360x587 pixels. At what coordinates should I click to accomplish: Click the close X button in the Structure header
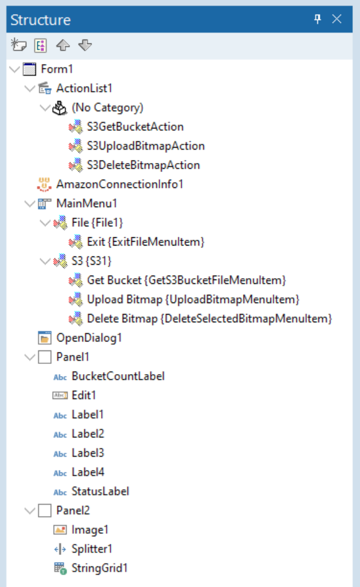(x=336, y=19)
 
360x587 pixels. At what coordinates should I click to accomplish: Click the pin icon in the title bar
(x=317, y=19)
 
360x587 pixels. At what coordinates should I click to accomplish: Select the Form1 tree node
(x=57, y=69)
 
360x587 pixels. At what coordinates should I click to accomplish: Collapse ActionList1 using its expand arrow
(x=29, y=89)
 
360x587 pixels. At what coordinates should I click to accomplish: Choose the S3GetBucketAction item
(x=135, y=127)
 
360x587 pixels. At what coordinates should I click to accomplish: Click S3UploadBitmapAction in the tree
(x=146, y=146)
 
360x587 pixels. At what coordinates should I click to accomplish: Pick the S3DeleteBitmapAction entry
(x=143, y=165)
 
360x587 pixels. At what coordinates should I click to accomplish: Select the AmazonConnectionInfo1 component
(x=120, y=184)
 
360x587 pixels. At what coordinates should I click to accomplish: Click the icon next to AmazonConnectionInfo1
(x=44, y=184)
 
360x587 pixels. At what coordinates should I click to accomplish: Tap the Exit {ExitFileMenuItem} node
(x=146, y=242)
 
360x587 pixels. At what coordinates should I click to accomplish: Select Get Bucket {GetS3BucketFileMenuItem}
(x=186, y=281)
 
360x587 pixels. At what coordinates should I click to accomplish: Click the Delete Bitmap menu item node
(x=209, y=318)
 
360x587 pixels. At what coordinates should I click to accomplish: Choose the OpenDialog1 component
(x=89, y=338)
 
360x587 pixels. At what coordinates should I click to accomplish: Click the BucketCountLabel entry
(x=118, y=376)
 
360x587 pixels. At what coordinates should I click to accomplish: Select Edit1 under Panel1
(x=84, y=395)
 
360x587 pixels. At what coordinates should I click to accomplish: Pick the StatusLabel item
(x=100, y=491)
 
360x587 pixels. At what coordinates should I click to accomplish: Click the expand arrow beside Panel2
(x=29, y=511)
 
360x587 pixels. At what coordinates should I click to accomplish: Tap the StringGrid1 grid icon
(x=60, y=568)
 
